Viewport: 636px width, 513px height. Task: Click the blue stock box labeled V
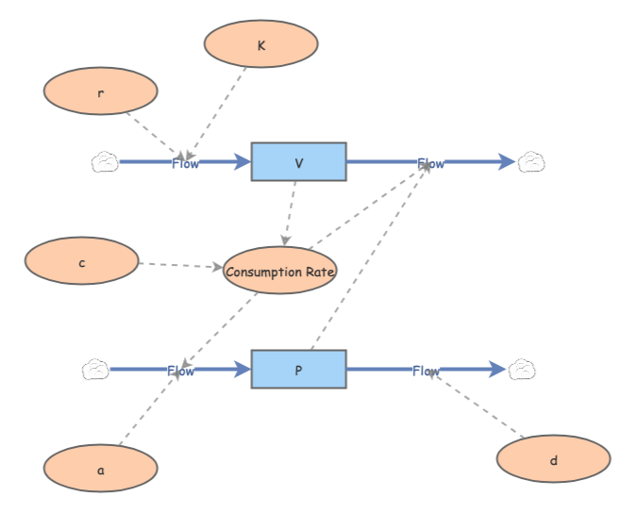point(298,161)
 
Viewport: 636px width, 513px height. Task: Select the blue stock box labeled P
point(298,369)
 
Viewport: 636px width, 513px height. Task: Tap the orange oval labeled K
point(261,43)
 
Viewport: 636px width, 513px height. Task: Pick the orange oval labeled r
point(101,91)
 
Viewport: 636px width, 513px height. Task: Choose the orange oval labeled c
point(82,261)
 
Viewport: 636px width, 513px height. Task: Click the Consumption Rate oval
point(280,271)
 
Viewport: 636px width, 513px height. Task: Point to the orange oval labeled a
point(101,468)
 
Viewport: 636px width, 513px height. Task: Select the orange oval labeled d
point(554,459)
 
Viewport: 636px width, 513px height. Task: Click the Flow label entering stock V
point(185,163)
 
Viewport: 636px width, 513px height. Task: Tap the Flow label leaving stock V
point(431,163)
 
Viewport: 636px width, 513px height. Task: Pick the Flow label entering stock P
point(181,371)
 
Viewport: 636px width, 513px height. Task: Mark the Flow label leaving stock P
point(426,371)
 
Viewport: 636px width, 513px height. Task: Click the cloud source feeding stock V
point(104,162)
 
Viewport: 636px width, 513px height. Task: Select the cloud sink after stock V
point(531,162)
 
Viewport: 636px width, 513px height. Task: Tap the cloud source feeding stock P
point(95,370)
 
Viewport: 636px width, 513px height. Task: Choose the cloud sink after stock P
point(522,370)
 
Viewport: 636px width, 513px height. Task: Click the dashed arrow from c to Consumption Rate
point(179,265)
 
